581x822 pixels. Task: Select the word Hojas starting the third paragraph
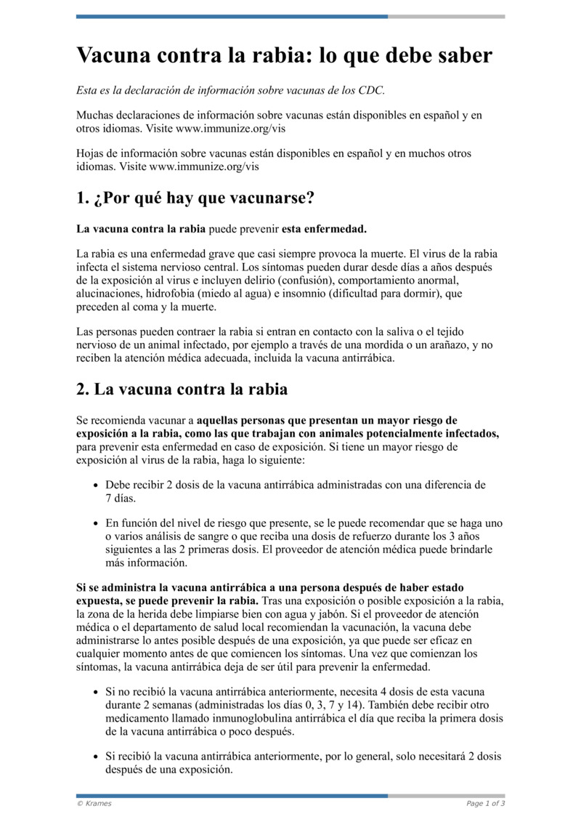click(92, 154)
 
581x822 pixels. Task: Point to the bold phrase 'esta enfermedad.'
click(324, 230)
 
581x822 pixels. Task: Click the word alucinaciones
click(110, 294)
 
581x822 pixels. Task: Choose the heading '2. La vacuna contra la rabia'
click(182, 389)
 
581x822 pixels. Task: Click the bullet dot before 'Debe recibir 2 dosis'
click(97, 485)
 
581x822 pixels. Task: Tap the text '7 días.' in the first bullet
click(121, 499)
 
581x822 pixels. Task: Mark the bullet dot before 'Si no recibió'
click(97, 693)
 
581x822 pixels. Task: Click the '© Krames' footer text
click(94, 803)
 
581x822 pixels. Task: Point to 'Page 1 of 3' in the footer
click(485, 803)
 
